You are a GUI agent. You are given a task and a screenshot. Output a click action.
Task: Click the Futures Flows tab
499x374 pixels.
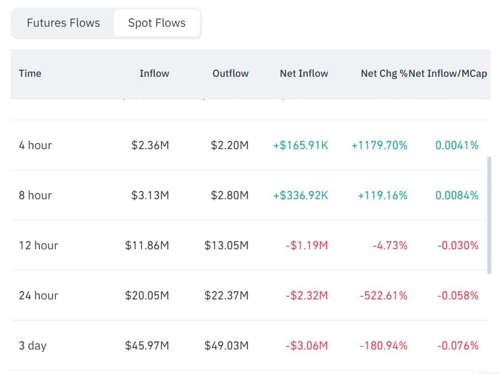point(63,23)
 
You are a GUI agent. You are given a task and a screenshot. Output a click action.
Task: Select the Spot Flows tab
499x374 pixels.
point(157,23)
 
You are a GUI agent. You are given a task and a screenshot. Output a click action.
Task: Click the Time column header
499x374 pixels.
point(30,73)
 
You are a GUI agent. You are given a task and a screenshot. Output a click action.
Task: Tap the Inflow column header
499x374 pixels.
point(154,73)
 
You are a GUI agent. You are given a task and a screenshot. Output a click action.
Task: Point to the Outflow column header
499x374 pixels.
point(230,73)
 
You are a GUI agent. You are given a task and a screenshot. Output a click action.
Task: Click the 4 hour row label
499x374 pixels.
point(35,145)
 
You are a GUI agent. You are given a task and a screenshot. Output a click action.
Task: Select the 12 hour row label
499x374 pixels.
point(38,245)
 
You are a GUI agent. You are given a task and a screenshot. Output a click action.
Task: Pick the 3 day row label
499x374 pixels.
point(33,346)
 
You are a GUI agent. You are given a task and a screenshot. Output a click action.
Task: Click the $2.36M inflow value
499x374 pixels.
point(150,145)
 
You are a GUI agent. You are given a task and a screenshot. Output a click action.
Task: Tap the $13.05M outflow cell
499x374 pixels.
point(226,245)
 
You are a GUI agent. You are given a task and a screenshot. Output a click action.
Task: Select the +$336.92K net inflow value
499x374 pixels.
point(300,195)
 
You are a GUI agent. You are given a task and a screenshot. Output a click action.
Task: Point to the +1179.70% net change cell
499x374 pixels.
point(379,145)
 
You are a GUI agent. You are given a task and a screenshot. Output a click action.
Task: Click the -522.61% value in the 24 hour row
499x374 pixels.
point(383,296)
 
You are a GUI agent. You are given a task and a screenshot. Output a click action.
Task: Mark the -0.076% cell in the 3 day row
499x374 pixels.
point(457,346)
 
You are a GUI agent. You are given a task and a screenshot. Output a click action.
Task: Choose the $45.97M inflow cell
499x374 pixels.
point(147,346)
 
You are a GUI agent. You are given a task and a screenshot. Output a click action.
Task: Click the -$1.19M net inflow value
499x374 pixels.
point(307,245)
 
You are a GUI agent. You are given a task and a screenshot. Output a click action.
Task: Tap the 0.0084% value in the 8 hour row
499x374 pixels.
point(456,195)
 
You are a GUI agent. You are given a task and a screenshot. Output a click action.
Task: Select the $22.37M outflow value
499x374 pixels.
point(226,296)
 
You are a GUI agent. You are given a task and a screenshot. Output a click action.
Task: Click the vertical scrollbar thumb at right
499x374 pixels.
point(489,215)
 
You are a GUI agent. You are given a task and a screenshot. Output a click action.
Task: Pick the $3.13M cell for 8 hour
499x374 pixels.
point(150,195)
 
